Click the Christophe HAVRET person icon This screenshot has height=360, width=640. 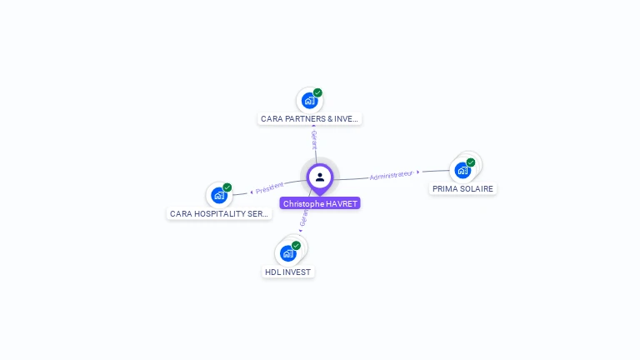tap(320, 177)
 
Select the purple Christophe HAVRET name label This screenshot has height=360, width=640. tap(320, 203)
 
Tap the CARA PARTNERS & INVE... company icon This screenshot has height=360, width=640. tap(309, 101)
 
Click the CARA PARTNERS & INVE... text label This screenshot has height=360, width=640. tap(310, 119)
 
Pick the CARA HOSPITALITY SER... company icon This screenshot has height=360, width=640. tap(218, 195)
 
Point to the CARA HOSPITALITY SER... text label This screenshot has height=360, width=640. tap(219, 214)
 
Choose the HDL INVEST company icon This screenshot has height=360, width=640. tap(287, 253)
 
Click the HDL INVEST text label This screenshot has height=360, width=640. tap(287, 272)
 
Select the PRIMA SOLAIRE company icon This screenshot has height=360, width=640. tap(462, 170)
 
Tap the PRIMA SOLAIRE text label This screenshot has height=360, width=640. tap(463, 189)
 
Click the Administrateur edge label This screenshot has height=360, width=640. tap(391, 175)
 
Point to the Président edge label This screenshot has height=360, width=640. tap(270, 188)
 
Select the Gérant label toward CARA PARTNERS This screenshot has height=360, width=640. tap(314, 140)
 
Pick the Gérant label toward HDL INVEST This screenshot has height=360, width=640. tap(304, 217)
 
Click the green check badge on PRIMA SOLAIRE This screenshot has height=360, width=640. tap(471, 162)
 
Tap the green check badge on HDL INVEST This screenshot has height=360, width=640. tap(296, 246)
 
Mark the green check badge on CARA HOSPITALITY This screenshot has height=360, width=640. tap(227, 187)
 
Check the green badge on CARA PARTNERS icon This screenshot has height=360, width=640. tap(317, 93)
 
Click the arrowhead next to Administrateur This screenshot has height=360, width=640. tap(417, 172)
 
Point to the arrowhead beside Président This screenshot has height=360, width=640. tap(252, 192)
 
